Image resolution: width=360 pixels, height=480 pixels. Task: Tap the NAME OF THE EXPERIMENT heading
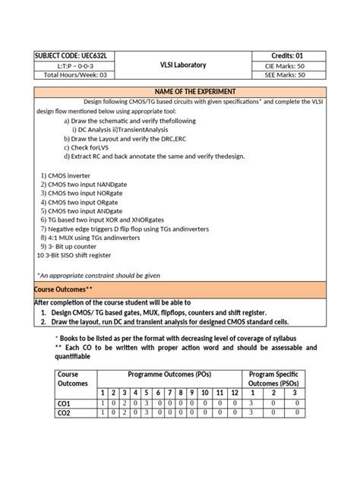click(x=179, y=90)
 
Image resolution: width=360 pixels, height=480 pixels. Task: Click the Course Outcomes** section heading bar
click(x=179, y=290)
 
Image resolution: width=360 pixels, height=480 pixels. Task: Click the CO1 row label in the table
click(x=64, y=403)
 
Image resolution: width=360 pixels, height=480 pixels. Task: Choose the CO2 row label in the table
click(x=64, y=412)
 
